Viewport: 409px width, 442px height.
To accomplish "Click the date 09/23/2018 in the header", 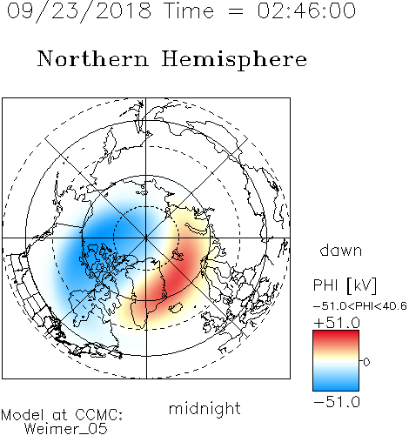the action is pyautogui.click(x=79, y=11).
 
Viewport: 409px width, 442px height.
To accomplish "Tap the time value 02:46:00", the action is pyautogui.click(x=306, y=10).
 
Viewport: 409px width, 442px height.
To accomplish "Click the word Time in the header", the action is pyautogui.click(x=189, y=10).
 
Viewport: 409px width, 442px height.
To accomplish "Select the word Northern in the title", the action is pyautogui.click(x=93, y=59).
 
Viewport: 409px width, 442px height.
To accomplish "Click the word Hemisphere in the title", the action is pyautogui.click(x=234, y=60).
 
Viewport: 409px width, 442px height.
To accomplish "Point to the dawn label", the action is pyautogui.click(x=341, y=250).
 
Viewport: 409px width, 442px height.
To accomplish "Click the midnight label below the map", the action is pyautogui.click(x=204, y=408).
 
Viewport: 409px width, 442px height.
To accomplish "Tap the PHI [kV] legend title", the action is pyautogui.click(x=345, y=285).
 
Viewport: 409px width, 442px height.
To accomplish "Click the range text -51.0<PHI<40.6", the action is pyautogui.click(x=360, y=306).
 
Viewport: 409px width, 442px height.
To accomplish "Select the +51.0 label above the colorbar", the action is pyautogui.click(x=337, y=323).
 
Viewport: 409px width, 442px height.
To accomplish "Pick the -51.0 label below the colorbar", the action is pyautogui.click(x=337, y=402).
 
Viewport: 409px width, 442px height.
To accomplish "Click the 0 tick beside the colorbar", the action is pyautogui.click(x=366, y=362).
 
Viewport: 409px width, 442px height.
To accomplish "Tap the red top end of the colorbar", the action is pyautogui.click(x=336, y=333).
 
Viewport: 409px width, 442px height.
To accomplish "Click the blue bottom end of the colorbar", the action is pyautogui.click(x=336, y=388).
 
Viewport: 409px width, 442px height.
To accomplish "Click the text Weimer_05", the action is pyautogui.click(x=66, y=429).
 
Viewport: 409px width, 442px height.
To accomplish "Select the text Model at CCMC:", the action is pyautogui.click(x=62, y=415).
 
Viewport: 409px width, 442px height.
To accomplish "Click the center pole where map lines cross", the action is pyautogui.click(x=146, y=238).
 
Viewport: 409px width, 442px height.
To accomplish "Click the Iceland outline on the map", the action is pyautogui.click(x=175, y=307).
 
